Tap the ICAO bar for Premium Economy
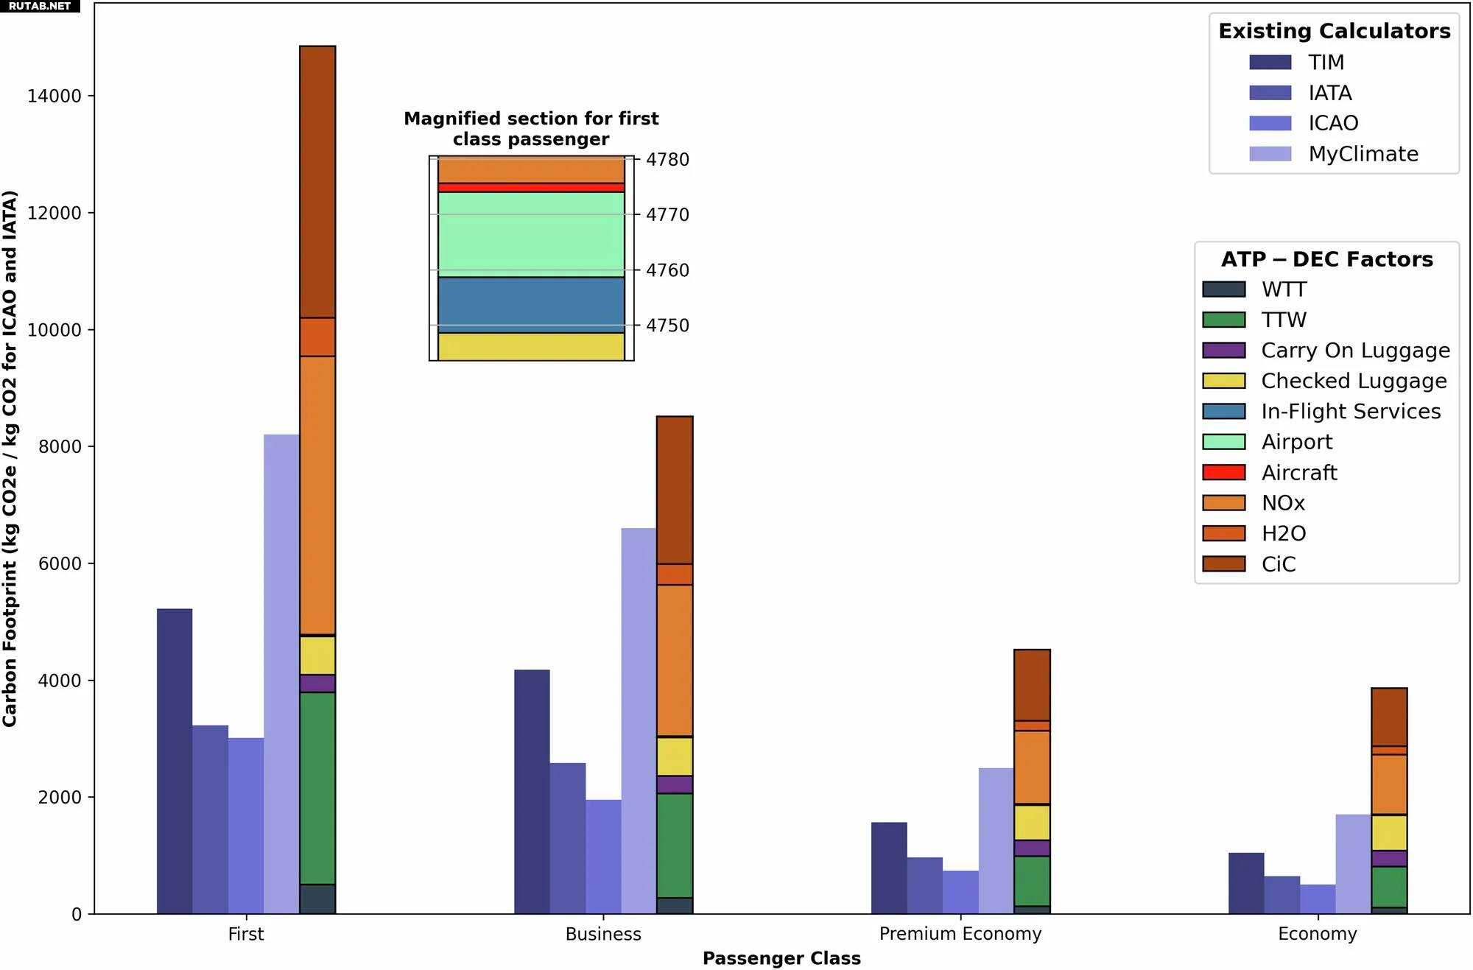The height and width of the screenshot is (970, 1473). (x=960, y=892)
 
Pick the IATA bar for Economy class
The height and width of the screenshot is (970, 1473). (x=1282, y=895)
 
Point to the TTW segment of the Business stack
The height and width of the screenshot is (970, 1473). (x=675, y=846)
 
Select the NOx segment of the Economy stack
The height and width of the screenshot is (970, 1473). (x=1389, y=784)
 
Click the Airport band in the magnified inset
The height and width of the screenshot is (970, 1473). (x=531, y=234)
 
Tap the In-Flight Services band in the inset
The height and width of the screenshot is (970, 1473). (x=531, y=305)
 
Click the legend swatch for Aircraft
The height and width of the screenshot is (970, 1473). (x=1223, y=473)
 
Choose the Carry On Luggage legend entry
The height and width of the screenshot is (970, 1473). (x=1355, y=351)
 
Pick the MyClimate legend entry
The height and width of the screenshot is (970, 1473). (x=1363, y=154)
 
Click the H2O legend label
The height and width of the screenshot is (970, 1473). (x=1283, y=534)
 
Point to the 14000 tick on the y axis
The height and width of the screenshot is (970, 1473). (x=54, y=96)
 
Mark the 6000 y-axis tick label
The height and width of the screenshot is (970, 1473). (x=59, y=564)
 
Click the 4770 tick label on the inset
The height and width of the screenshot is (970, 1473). (x=667, y=215)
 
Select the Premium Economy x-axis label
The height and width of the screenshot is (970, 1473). (x=960, y=934)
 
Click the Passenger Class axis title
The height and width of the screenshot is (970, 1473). (x=781, y=958)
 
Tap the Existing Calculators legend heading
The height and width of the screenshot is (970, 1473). (x=1334, y=31)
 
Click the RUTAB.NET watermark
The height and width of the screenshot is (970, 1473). (x=40, y=6)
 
